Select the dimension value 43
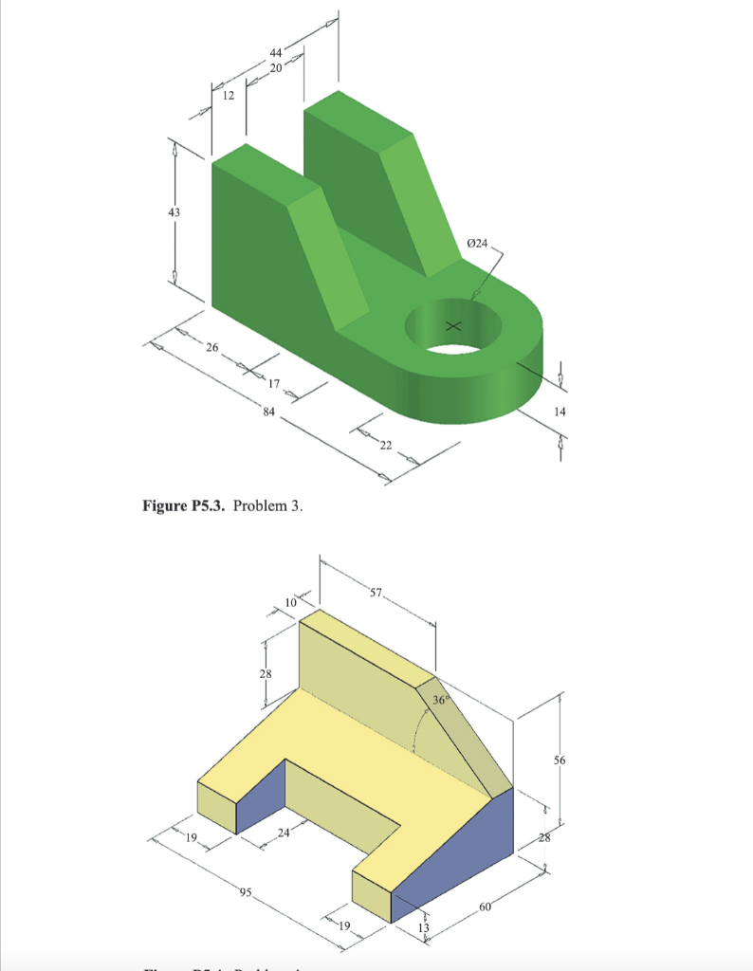coord(174,212)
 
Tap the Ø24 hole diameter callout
coord(478,244)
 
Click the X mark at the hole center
coord(453,325)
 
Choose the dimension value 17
coord(274,384)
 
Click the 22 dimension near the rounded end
coord(386,446)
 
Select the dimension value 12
coord(228,95)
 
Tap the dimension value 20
coord(276,68)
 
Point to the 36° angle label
coord(440,700)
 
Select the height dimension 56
coord(560,760)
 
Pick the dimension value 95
coord(246,892)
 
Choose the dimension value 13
coord(424,926)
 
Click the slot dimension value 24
coord(283,833)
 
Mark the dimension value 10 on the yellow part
coord(291,601)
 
